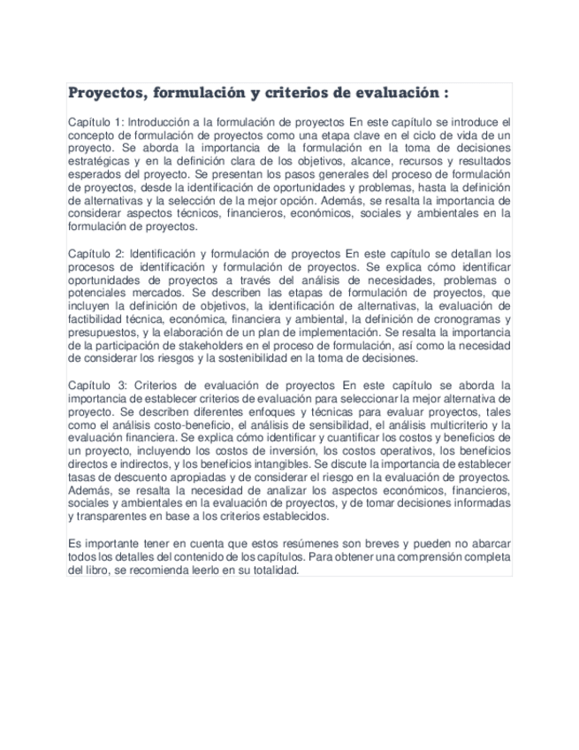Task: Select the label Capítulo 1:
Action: click(97, 121)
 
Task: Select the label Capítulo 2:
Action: click(97, 253)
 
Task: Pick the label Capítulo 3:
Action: click(97, 386)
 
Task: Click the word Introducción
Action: click(167, 121)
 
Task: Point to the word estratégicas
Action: click(100, 163)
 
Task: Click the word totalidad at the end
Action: click(271, 570)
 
